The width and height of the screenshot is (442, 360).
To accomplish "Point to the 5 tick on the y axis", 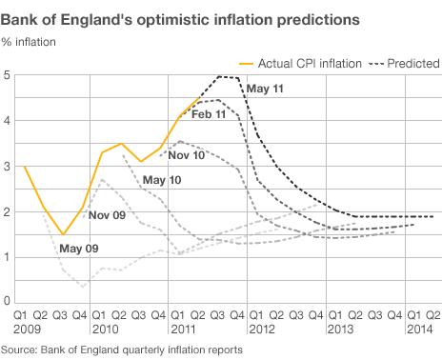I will [8, 75].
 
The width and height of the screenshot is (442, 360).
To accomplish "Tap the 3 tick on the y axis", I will [8, 167].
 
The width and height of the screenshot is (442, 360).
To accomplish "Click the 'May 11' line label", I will [267, 90].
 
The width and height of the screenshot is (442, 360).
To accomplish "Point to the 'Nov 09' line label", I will [107, 214].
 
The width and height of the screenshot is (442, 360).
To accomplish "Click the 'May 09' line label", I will [78, 249].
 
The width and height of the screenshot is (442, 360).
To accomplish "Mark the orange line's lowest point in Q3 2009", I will [62, 234].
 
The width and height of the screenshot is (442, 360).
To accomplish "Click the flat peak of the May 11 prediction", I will [227, 77].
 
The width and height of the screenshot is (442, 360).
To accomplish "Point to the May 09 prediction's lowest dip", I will [83, 286].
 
